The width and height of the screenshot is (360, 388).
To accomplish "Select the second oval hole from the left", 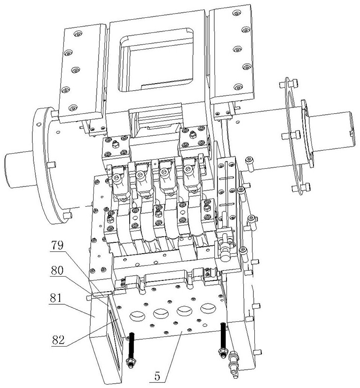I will click(159, 311).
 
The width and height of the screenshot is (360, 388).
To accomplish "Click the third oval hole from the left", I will click(184, 310).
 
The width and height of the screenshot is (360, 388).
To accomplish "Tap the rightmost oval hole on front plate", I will click(207, 308).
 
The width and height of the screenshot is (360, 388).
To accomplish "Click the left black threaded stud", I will click(131, 346).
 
